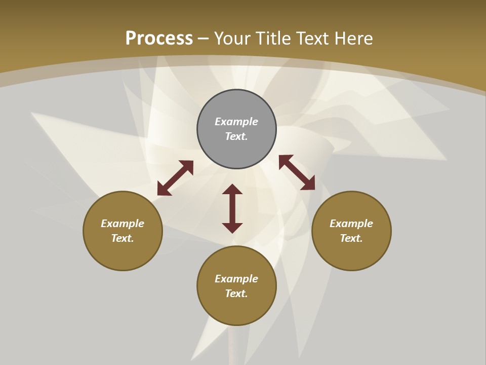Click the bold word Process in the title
point(159,38)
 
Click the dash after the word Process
point(203,39)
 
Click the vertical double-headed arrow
point(232,208)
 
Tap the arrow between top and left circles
point(175,178)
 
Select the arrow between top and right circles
point(297,172)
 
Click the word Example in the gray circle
point(236,122)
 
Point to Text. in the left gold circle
point(123,238)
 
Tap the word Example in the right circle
point(351,224)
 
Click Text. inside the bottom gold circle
point(236,294)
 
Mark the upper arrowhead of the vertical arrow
point(232,189)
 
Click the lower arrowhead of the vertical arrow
point(232,228)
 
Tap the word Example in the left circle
point(123,224)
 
